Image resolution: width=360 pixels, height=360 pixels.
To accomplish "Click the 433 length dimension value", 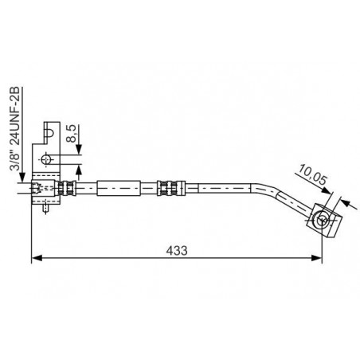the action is pos(177,250).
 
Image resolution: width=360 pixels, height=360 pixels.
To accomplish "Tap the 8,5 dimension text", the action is pos(72,134).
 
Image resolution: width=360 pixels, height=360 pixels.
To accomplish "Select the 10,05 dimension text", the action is pos(312,175).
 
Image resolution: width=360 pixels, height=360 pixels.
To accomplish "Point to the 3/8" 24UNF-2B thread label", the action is pos(14,129).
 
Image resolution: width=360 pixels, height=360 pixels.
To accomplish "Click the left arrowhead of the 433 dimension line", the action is pos(37,257).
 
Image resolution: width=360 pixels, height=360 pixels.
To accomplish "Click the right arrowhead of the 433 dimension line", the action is pos(317,257).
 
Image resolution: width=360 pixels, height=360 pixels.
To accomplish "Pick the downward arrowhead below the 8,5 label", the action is pos(79,149).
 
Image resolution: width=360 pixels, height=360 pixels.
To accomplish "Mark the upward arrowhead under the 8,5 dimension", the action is pos(79,170).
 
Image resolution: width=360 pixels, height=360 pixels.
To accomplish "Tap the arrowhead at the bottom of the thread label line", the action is pos(22,178).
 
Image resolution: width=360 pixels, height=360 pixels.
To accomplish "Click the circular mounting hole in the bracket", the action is pos(46,159).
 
